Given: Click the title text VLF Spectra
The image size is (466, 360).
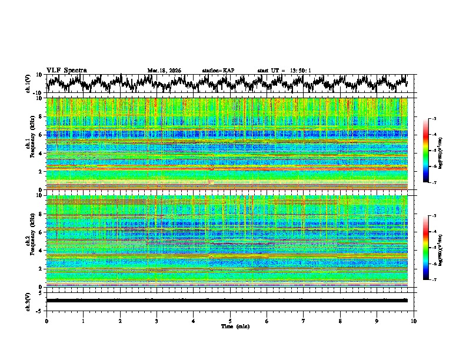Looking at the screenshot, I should [66, 71].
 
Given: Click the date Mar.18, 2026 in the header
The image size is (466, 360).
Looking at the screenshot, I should [164, 71].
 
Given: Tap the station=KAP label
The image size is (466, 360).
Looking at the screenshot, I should [218, 71].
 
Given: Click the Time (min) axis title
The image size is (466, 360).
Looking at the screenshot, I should [230, 326].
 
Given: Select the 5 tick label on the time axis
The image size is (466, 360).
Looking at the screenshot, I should [230, 321].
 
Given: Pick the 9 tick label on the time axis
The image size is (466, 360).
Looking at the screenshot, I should [377, 321].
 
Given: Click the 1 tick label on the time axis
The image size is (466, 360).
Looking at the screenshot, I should [83, 321].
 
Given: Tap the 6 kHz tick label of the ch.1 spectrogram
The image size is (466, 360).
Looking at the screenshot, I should [39, 135].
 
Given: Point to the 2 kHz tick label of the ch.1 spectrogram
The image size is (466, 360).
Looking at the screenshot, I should [39, 172].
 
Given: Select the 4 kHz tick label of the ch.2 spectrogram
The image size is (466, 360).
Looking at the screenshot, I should [39, 251].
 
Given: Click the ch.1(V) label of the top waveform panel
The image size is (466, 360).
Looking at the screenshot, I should [28, 84].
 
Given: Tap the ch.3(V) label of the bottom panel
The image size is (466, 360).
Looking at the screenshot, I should [28, 300].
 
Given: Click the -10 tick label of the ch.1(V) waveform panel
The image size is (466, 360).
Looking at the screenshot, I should [37, 93].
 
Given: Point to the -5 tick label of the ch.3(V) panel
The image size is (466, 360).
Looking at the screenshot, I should [39, 309].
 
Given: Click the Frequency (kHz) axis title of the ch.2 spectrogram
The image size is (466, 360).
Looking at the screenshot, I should [32, 241].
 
